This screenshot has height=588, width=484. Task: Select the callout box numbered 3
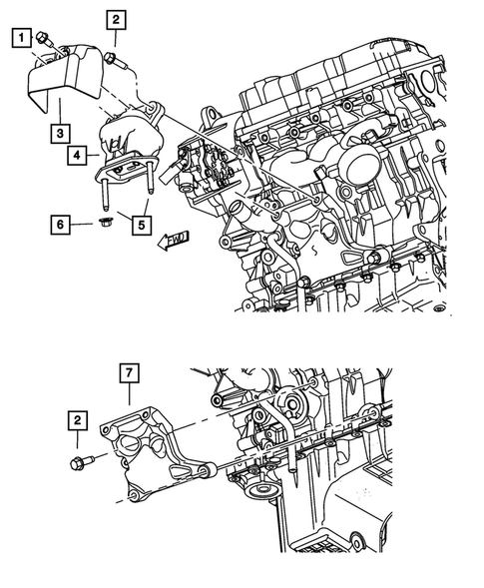pos(62,132)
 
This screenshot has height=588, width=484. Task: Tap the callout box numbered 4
pos(77,156)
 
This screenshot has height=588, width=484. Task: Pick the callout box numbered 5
pos(143,226)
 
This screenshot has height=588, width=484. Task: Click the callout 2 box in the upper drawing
pos(116,19)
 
